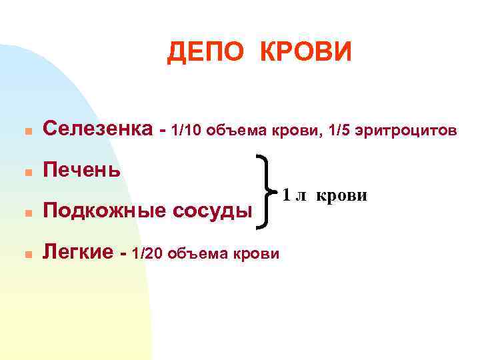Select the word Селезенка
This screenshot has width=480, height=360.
[97, 129]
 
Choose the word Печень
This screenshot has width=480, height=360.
[81, 170]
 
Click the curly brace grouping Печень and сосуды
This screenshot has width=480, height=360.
[264, 192]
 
